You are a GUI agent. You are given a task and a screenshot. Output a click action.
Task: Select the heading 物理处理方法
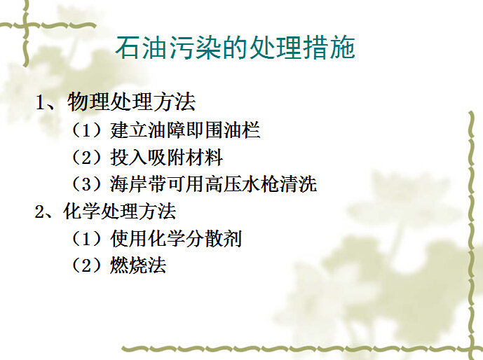pyautogui.click(x=131, y=102)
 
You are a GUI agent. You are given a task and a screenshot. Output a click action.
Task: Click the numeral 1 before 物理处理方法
pyautogui.click(x=41, y=103)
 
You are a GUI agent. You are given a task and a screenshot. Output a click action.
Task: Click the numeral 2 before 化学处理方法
pyautogui.click(x=40, y=212)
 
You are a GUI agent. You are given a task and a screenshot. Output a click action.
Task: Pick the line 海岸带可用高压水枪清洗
pyautogui.click(x=213, y=184)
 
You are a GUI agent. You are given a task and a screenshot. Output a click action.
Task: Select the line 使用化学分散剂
pyautogui.click(x=175, y=239)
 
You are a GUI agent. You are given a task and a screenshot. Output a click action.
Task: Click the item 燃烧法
pyautogui.click(x=137, y=265)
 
